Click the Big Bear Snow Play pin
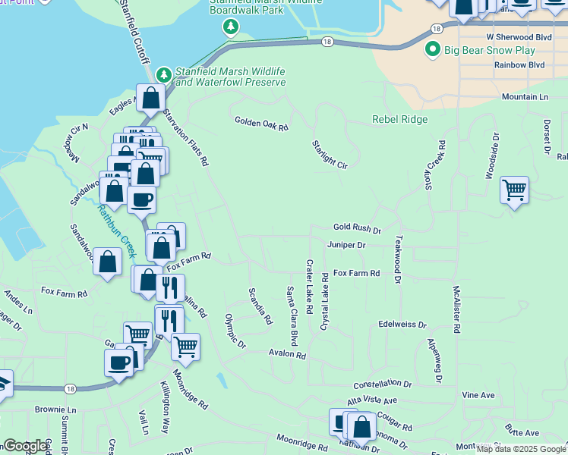[x=433, y=49]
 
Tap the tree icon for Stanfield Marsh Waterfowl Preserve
[x=163, y=74]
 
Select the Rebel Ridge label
[x=399, y=119]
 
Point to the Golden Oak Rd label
[x=262, y=122]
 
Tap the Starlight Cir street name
[x=330, y=155]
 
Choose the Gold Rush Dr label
[x=357, y=228]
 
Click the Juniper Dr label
[x=346, y=245]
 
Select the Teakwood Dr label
[x=397, y=259]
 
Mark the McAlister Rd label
[x=456, y=309]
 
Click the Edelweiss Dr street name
[x=402, y=324]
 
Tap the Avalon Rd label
[x=287, y=354]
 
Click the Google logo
[x=24, y=446]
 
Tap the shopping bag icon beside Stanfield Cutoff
[x=151, y=98]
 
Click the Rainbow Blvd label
[x=519, y=65]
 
